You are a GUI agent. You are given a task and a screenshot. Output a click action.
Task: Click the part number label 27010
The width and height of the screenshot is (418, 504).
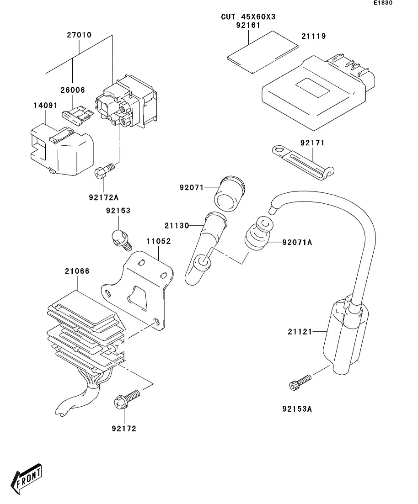coord(79,35)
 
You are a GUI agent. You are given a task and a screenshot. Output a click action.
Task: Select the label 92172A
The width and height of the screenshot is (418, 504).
coord(104,197)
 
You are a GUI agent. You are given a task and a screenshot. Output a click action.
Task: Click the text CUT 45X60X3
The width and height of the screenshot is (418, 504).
coord(248,17)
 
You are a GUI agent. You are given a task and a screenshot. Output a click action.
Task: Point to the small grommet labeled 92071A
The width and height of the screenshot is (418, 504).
coord(257,233)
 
